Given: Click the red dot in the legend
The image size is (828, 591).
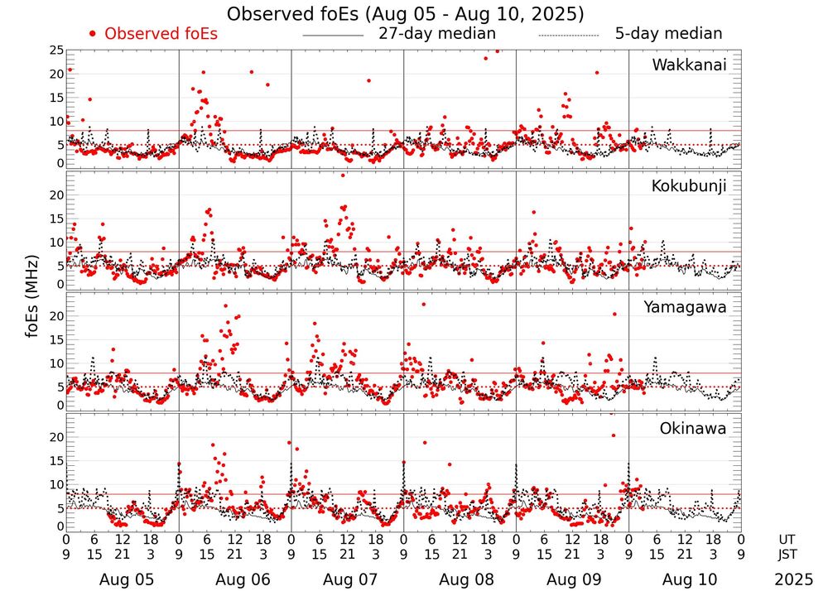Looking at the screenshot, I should coord(93,34).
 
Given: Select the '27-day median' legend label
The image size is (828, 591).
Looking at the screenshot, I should coord(436,34).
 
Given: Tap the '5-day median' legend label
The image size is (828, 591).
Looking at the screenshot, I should coord(668,34).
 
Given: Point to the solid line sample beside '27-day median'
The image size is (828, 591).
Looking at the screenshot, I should coord(333,36).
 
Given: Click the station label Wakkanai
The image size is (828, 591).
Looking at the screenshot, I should coord(689,65).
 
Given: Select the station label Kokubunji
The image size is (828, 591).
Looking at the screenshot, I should coord(689,185).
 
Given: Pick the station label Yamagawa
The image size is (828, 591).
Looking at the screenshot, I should coord(686,307).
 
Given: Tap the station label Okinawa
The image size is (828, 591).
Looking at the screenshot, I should coord(693,428).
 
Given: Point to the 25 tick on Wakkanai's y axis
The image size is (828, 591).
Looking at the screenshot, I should coord(56,50).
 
